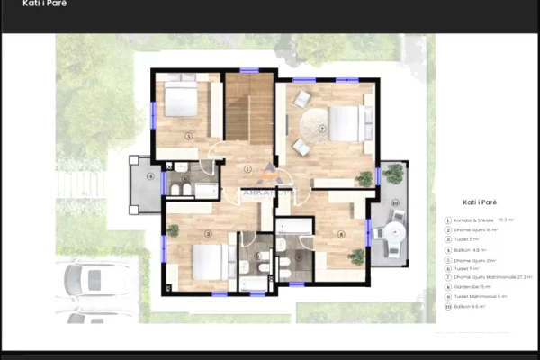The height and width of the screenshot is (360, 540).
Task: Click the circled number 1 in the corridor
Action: [247, 168]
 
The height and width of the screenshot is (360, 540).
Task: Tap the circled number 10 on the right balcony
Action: [393, 203]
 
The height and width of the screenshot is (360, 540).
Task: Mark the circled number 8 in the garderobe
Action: [340, 235]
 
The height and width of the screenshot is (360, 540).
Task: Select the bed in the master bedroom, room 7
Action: [347, 123]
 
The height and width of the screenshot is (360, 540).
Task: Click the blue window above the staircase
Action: [248, 68]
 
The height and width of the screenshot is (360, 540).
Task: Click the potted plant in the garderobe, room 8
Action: [356, 256]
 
